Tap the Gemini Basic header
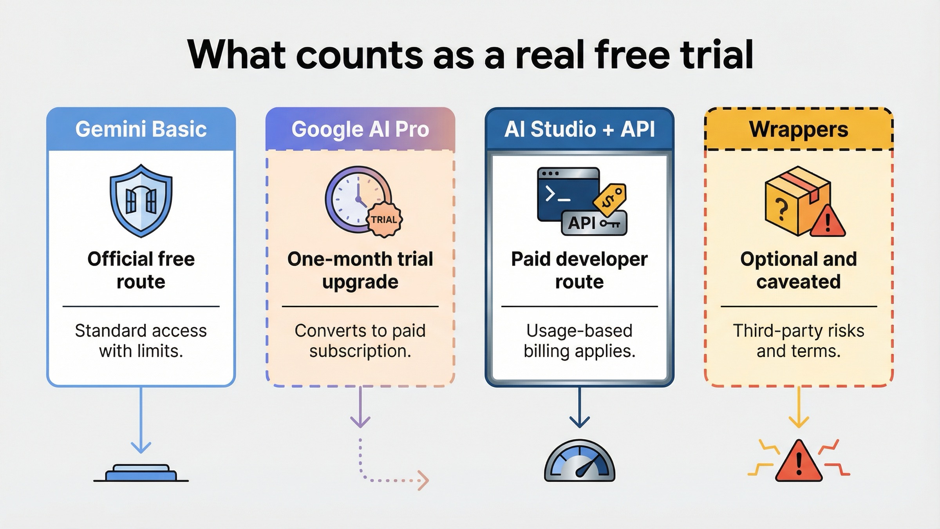click(141, 129)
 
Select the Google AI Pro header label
click(360, 129)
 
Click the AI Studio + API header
click(579, 129)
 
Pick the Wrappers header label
click(799, 129)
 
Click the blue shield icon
click(141, 201)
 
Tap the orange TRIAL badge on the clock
click(384, 220)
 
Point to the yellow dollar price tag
click(609, 199)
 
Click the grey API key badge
click(594, 223)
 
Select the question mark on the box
click(781, 210)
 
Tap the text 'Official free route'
click(141, 270)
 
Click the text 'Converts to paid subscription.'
click(360, 341)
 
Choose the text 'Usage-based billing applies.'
click(579, 341)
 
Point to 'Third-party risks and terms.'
click(799, 341)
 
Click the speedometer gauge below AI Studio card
click(579, 462)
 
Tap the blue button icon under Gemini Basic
click(141, 473)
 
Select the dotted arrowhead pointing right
click(423, 480)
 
